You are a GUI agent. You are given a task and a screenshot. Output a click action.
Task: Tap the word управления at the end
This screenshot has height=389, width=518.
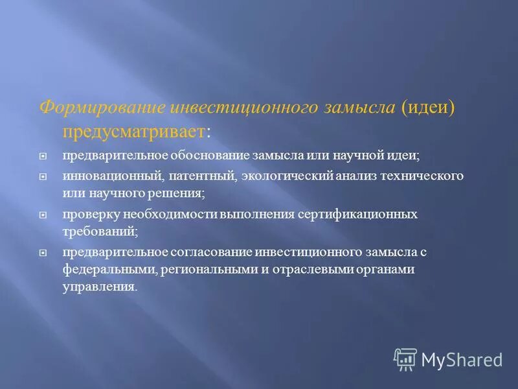(x=99, y=286)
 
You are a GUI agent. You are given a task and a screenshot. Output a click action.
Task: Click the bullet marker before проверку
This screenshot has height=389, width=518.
(x=43, y=214)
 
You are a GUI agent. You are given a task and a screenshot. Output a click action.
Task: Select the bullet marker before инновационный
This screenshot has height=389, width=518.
(x=43, y=176)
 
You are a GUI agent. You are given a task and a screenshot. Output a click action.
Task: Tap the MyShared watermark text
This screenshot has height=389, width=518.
(x=462, y=359)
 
